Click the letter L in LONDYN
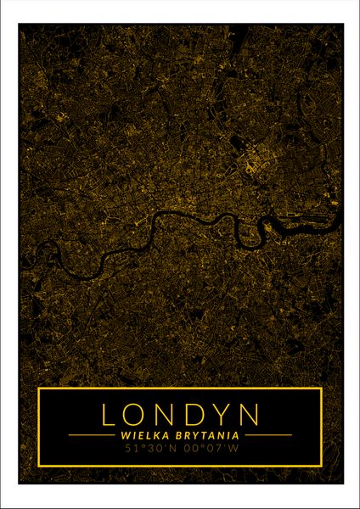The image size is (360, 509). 109,414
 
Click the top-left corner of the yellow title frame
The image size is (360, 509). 39,389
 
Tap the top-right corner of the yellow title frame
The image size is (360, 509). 321,389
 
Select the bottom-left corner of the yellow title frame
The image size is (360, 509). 39,466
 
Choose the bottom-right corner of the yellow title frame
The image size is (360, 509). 321,466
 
